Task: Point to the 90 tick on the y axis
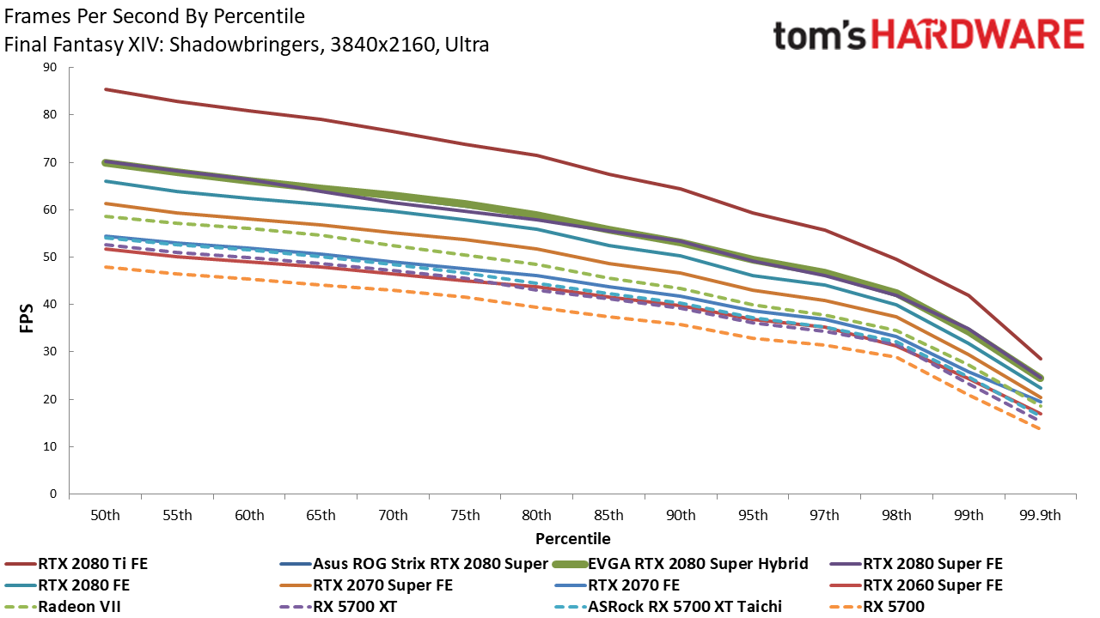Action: pyautogui.click(x=50, y=68)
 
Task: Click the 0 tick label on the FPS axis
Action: pyautogui.click(x=53, y=494)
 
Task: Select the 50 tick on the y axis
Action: pyautogui.click(x=50, y=257)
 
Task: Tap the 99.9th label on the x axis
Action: pyautogui.click(x=1040, y=516)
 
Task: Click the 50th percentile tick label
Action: pyautogui.click(x=105, y=516)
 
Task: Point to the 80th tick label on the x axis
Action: pyautogui.click(x=536, y=516)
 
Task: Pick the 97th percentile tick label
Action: pyautogui.click(x=824, y=516)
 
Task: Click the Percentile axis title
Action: pyautogui.click(x=572, y=539)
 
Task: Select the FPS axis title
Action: pyautogui.click(x=27, y=318)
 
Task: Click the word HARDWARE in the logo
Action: pyautogui.click(x=978, y=35)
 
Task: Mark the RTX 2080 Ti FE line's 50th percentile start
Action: pyautogui.click(x=105, y=89)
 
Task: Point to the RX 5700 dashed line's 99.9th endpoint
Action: pyautogui.click(x=1039, y=429)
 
